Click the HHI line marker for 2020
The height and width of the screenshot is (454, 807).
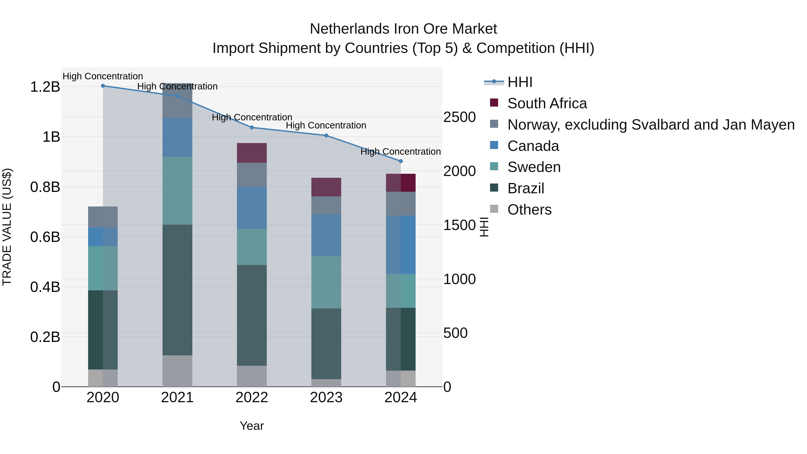pos(103,86)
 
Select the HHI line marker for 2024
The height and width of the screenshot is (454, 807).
pos(400,161)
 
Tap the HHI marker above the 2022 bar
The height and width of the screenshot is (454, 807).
pos(252,128)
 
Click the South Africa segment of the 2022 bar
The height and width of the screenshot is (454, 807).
pos(252,153)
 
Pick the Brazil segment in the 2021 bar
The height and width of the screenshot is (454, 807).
pos(177,290)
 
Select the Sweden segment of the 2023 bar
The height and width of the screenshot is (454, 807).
pos(326,282)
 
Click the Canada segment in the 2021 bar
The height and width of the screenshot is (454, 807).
pos(177,137)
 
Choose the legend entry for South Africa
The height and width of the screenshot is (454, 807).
pos(547,103)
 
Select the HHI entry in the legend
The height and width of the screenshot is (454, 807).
pos(519,82)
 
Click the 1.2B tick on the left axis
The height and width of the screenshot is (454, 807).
pos(45,87)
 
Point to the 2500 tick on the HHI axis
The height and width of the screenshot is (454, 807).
pos(459,117)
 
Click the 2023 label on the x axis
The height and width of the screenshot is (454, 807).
pos(326,398)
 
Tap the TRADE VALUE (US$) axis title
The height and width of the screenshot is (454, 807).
pos(7,227)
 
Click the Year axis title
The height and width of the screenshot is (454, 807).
pos(252,426)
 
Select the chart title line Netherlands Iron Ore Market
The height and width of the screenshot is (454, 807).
pos(403,29)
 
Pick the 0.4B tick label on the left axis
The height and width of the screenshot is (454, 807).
pos(45,287)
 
